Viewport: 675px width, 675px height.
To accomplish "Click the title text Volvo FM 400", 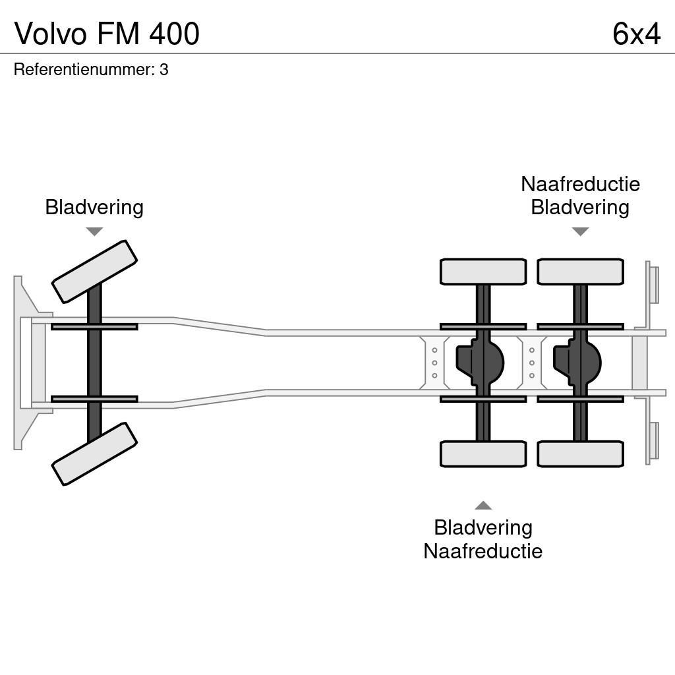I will click(x=107, y=34).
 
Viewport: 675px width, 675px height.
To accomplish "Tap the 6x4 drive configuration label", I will click(x=635, y=34).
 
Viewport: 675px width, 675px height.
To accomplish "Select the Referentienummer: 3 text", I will click(x=91, y=70).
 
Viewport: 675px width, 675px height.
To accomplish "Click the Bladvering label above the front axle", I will click(x=94, y=208).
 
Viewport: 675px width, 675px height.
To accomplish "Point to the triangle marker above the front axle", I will click(x=94, y=231).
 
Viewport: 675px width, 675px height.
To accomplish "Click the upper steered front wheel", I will click(x=94, y=272).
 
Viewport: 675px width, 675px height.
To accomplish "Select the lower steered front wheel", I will click(x=94, y=454).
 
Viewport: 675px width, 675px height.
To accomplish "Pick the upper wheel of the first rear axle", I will click(x=483, y=272).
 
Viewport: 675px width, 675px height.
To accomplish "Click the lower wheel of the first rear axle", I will click(x=483, y=454).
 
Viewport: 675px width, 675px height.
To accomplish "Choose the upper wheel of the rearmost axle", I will click(x=580, y=272).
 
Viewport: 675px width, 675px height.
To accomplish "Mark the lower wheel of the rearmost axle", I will click(x=580, y=454).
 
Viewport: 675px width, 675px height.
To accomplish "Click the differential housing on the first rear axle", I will click(x=481, y=363).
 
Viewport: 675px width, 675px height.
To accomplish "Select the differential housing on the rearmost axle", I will click(x=577, y=363).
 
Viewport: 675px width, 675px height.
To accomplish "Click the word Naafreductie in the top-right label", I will click(x=580, y=184).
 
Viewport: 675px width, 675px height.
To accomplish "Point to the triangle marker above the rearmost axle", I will click(x=580, y=231).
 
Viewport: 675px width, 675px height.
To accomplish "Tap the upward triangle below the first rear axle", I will click(x=483, y=506).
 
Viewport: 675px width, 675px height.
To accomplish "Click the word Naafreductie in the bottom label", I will click(x=483, y=551).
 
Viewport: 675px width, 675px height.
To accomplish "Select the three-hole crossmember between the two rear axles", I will click(x=532, y=363).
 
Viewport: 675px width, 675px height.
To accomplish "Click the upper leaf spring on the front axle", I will click(x=94, y=327).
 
